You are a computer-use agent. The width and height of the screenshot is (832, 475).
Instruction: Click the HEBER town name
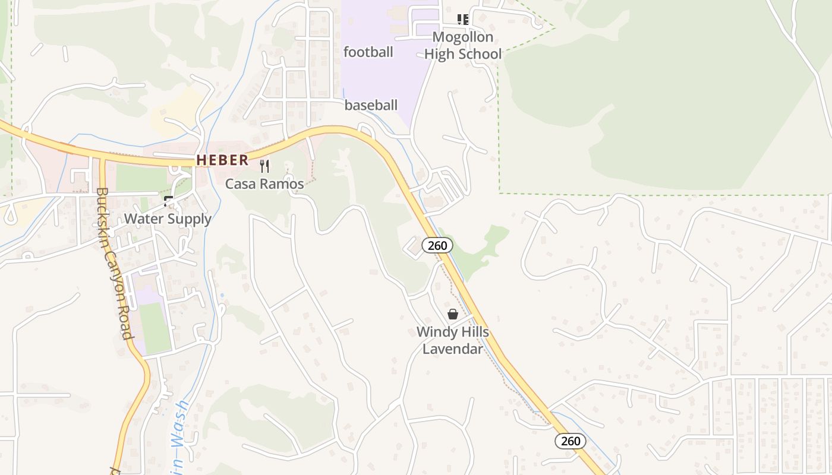coord(223,160)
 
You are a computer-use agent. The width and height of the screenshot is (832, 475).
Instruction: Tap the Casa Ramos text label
coord(264,184)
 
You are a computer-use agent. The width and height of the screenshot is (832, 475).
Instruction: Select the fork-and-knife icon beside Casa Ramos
coord(264,166)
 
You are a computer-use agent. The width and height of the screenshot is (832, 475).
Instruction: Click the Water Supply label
coord(168,219)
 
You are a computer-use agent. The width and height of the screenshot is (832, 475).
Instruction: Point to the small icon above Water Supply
coord(169,201)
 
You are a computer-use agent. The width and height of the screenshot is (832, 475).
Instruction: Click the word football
coord(368,52)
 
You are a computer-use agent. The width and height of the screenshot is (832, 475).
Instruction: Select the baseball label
coord(371,106)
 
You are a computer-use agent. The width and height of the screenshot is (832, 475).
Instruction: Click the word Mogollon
coord(463,37)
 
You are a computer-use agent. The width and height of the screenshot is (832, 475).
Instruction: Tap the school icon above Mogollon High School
coord(463,20)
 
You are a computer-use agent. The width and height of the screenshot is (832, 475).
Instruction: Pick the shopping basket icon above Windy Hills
coord(453,314)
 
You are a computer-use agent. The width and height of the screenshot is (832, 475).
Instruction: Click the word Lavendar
coord(453,349)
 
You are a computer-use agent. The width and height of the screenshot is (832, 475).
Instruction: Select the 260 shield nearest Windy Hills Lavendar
coord(437,245)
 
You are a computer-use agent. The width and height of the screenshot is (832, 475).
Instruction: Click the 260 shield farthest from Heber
coord(571,441)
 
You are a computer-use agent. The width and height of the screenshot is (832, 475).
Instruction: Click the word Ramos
coord(285,184)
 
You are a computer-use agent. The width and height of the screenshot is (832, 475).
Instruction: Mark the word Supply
coord(188,219)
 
